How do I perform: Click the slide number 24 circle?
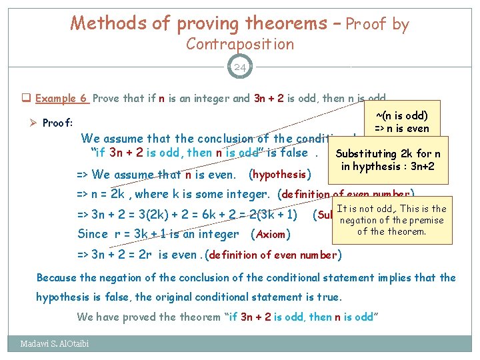click(240, 67)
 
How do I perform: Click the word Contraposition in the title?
click(240, 44)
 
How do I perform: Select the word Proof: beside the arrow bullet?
click(57, 123)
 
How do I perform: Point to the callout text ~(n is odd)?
click(402, 115)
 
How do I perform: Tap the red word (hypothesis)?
click(279, 175)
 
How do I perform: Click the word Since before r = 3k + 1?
click(93, 234)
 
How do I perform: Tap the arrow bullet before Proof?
click(32, 123)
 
